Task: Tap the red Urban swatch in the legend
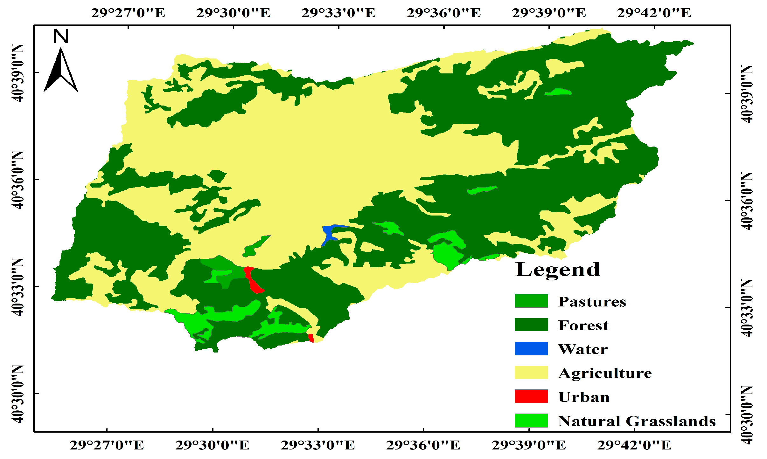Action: [x=531, y=396]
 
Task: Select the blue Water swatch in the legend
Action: [x=531, y=348]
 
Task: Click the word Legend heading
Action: [x=557, y=270]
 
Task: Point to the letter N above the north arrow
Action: [x=61, y=37]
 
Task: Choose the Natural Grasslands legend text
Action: [x=637, y=421]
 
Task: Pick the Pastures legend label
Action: [x=592, y=301]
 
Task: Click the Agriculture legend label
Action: [x=605, y=373]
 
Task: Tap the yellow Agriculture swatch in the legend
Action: [x=531, y=373]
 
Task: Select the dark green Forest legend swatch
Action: [x=531, y=325]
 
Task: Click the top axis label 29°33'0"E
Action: [x=338, y=13]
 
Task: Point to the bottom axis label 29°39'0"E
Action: [x=529, y=445]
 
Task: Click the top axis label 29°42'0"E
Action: [x=654, y=13]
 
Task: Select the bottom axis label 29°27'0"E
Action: [x=107, y=445]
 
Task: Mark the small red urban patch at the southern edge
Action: [x=311, y=338]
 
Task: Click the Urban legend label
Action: [x=584, y=397]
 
